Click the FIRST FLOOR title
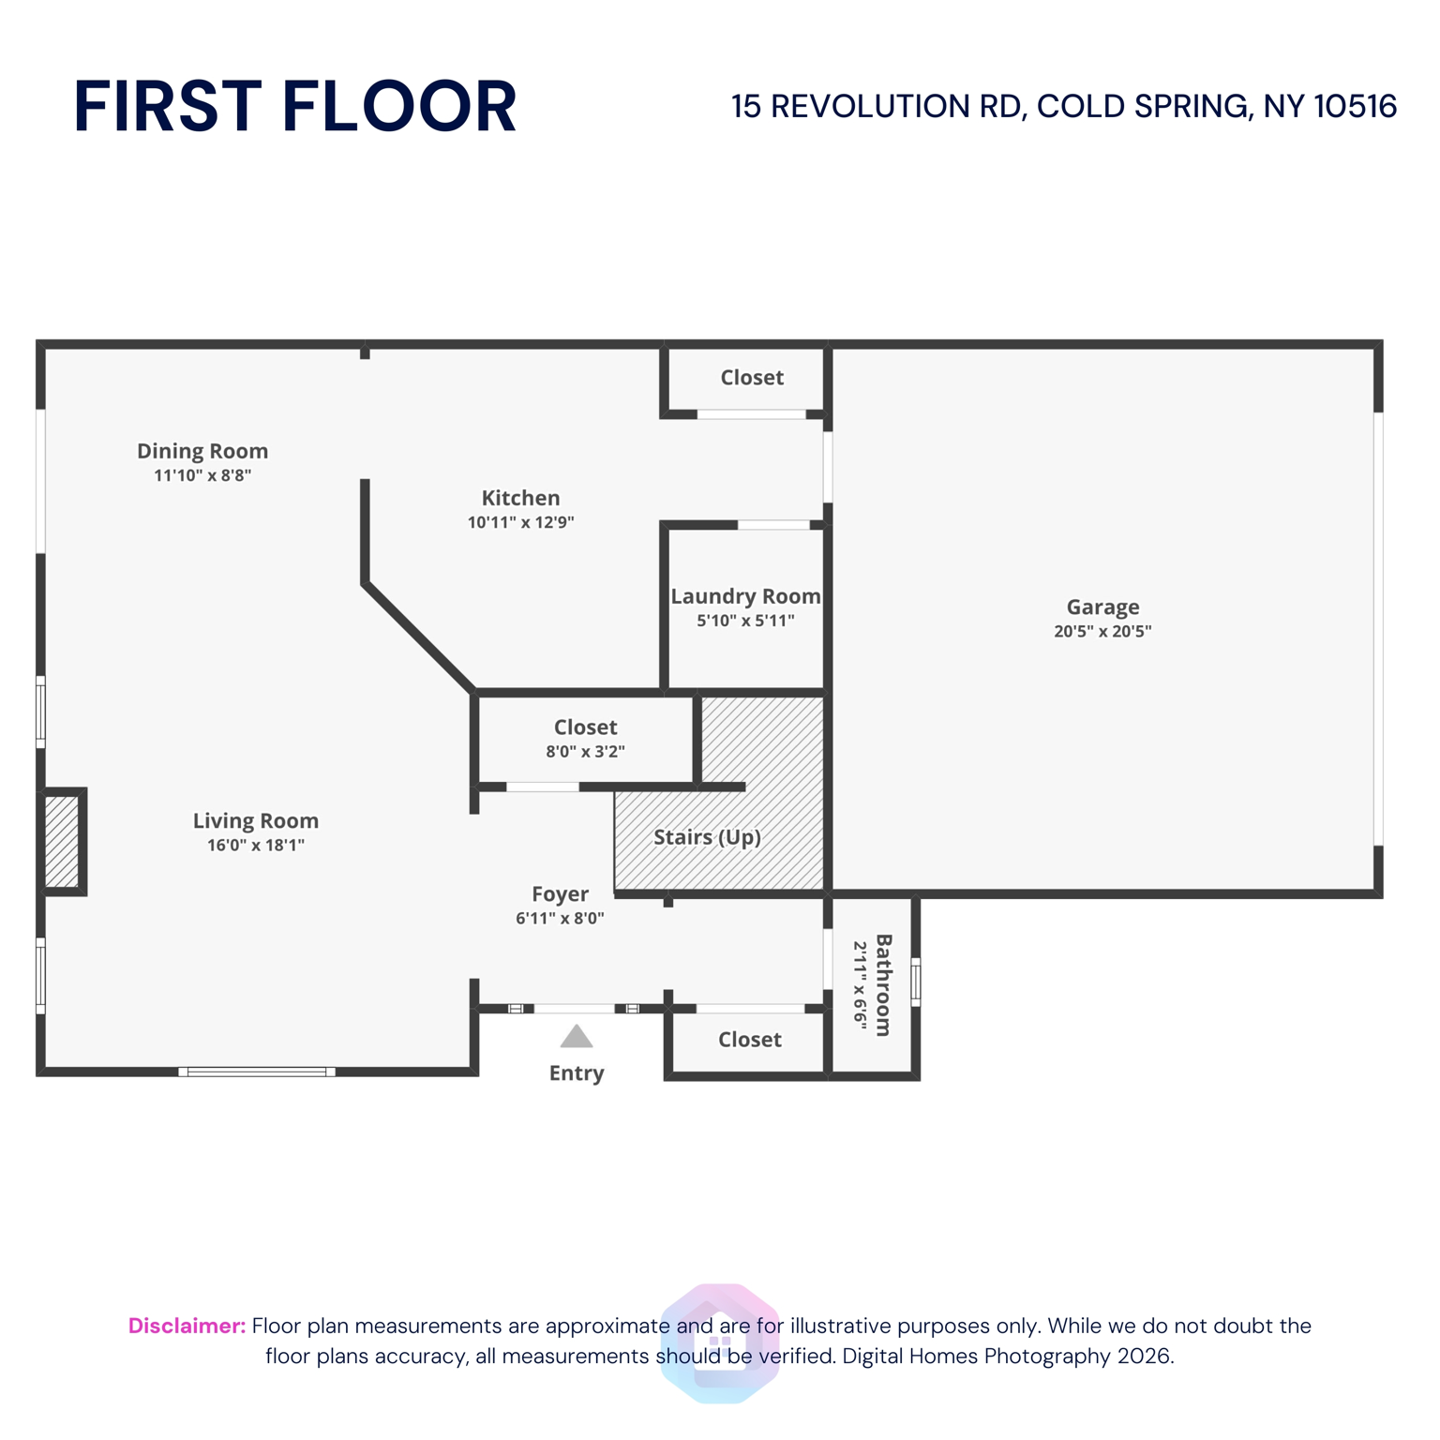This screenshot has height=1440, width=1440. pos(294,107)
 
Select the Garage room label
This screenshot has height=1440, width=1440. pos(1102,607)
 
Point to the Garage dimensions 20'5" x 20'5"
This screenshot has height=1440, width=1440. pos(1102,632)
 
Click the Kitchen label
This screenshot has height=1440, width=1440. pos(520,499)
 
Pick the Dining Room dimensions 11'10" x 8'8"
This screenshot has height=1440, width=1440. pos(202,475)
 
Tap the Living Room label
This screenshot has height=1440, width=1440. pos(256,821)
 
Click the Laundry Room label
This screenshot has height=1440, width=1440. pos(745,597)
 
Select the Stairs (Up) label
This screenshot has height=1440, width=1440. pos(707,837)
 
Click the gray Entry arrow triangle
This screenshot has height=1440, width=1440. pos(577,1037)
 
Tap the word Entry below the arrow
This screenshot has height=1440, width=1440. pos(577,1073)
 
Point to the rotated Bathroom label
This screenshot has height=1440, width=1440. pos(883,984)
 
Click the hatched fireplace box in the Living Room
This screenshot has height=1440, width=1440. pos(62,841)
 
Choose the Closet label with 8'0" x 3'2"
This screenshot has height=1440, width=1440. pos(585,727)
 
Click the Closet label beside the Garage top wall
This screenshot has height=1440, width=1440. pos(752,378)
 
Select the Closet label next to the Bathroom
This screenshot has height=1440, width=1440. pos(750,1040)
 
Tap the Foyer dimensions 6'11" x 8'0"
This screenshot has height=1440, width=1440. pos(560,919)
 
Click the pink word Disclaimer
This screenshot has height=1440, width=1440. pos(187,1326)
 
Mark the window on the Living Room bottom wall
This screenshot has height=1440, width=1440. pos(257,1072)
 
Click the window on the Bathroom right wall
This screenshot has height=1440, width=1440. pos(916,982)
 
